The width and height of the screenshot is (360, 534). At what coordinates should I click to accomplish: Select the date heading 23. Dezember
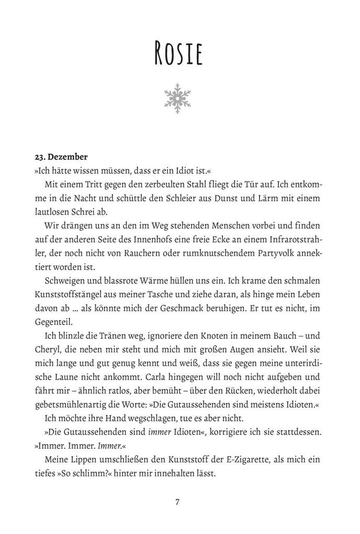point(61,156)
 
